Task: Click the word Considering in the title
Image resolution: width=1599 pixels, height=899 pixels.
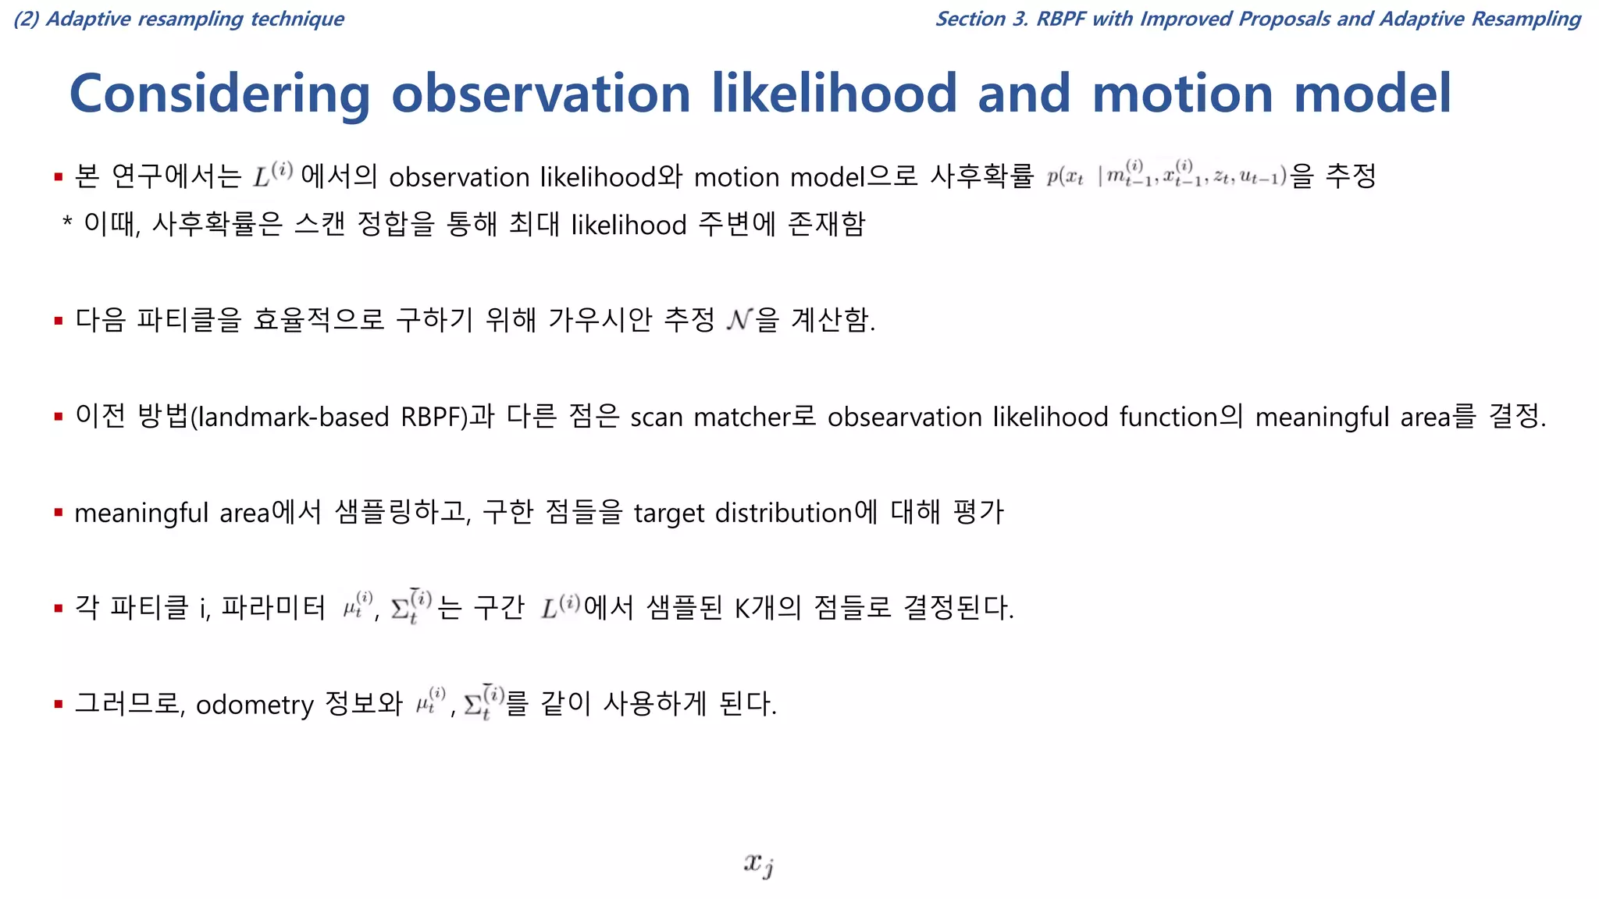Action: click(x=219, y=94)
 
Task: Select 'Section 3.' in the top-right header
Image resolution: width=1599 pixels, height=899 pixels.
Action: click(x=981, y=19)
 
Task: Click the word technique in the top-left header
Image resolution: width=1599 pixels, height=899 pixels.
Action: click(x=297, y=19)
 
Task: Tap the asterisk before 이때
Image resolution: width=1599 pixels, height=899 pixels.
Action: click(x=67, y=224)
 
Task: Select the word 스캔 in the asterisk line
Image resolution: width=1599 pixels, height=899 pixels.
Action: click(x=319, y=225)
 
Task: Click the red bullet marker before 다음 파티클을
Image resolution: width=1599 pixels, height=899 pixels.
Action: click(x=59, y=321)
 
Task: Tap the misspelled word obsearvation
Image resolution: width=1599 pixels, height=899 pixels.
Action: click(x=904, y=417)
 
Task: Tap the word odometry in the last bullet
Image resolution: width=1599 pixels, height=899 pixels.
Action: click(x=255, y=705)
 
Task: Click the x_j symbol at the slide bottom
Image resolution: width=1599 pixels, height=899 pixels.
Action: click(x=758, y=864)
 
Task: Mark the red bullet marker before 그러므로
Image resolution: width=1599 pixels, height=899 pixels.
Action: click(x=59, y=705)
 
